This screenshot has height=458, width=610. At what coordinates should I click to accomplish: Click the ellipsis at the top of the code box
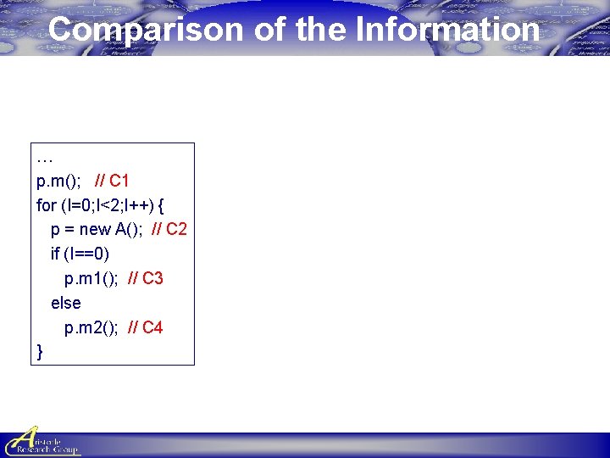pos(44,158)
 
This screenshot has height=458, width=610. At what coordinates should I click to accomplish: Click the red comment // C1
pos(112,180)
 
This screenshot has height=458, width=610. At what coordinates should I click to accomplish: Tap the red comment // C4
pos(145,327)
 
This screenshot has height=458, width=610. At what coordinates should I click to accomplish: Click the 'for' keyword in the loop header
pos(46,204)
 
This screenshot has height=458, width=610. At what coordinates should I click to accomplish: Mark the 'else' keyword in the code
pos(66,303)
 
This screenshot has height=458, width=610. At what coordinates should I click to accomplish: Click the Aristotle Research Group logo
pos(42,441)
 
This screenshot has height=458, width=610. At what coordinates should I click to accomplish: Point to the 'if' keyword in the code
pos(56,254)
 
